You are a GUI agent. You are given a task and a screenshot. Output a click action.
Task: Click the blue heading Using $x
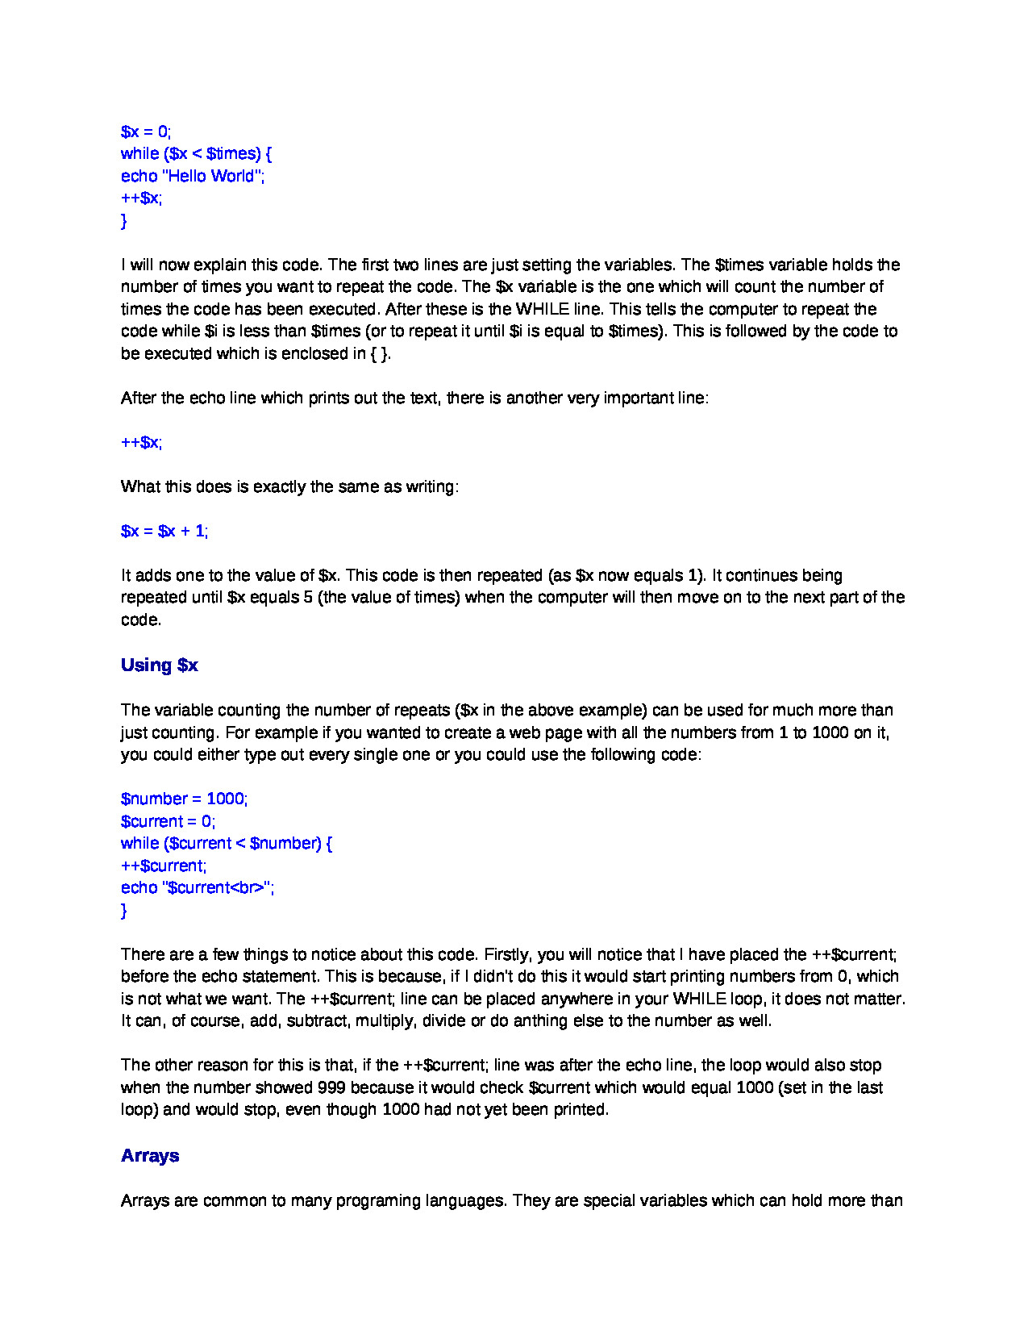159,665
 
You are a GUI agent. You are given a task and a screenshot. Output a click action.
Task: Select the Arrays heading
150,1156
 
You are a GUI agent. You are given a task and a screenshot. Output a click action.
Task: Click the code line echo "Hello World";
193,176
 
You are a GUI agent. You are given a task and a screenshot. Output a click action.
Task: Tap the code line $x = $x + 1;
164,531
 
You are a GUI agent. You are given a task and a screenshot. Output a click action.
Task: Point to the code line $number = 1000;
184,799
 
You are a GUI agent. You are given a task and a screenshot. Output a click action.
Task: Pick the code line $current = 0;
168,821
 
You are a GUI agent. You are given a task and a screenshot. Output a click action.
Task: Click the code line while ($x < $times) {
196,153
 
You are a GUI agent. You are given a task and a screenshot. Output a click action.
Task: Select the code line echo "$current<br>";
198,887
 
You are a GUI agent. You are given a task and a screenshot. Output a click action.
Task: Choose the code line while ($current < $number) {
227,843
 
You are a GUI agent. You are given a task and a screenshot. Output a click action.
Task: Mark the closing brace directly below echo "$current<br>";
124,910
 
